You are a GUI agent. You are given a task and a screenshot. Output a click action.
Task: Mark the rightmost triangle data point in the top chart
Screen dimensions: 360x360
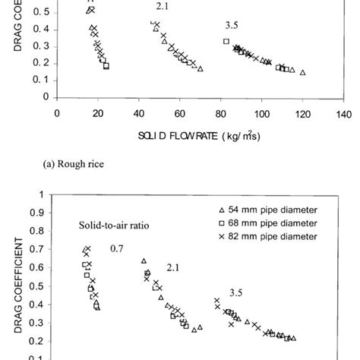click(x=302, y=73)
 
